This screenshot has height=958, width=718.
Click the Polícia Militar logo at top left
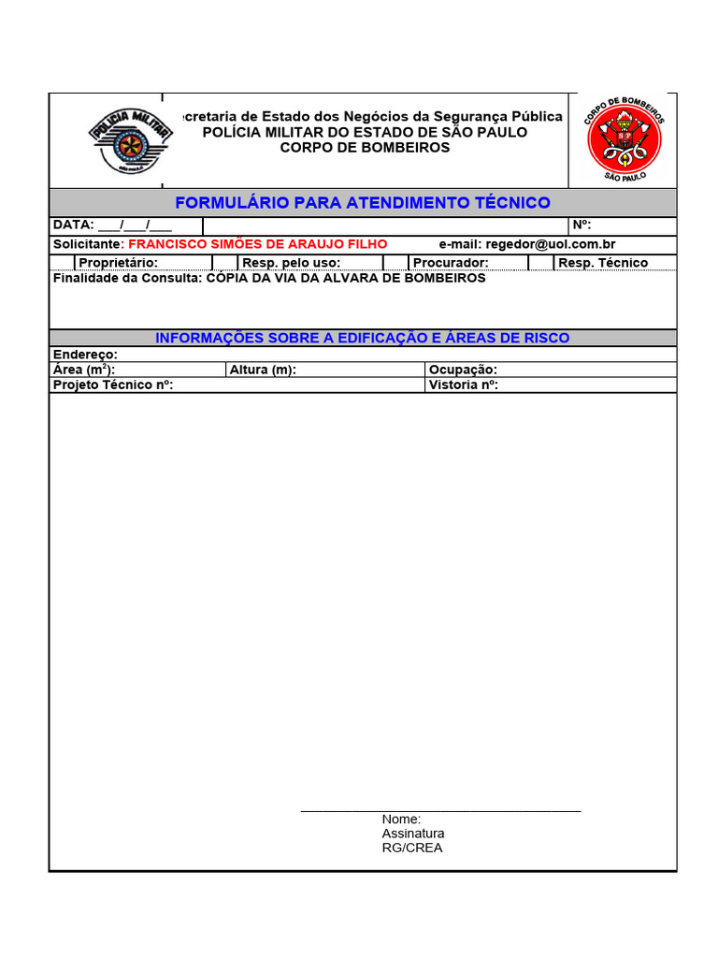coord(130,140)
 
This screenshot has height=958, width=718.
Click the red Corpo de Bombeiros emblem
coord(624,139)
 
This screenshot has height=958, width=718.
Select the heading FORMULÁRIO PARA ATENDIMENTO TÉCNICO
coord(363,203)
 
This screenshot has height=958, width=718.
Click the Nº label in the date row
coord(581,225)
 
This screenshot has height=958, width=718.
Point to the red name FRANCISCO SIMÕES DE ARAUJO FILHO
coord(257,244)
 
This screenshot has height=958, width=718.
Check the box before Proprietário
coord(63,263)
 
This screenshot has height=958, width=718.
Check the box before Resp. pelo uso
coord(225,263)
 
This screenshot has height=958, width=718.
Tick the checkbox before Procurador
coord(395,263)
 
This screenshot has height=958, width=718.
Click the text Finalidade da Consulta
coord(126,278)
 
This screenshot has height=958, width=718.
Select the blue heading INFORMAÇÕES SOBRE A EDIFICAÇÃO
coord(363,338)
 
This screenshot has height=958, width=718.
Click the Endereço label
coord(85,355)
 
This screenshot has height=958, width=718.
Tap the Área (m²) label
coord(84,370)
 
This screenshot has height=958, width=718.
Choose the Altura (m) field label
coord(263,370)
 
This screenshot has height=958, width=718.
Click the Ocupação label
coord(463,370)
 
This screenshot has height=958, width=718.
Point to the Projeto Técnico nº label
coord(113,385)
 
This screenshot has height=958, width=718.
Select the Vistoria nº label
coord(463,385)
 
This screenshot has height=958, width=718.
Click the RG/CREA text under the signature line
coord(412,848)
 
